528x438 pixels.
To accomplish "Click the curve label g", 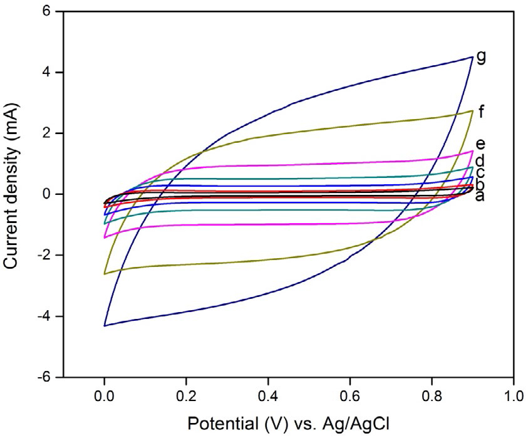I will (481, 57).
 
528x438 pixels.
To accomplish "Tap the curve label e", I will (481, 145).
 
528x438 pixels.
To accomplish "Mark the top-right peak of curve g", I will (472, 57).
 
